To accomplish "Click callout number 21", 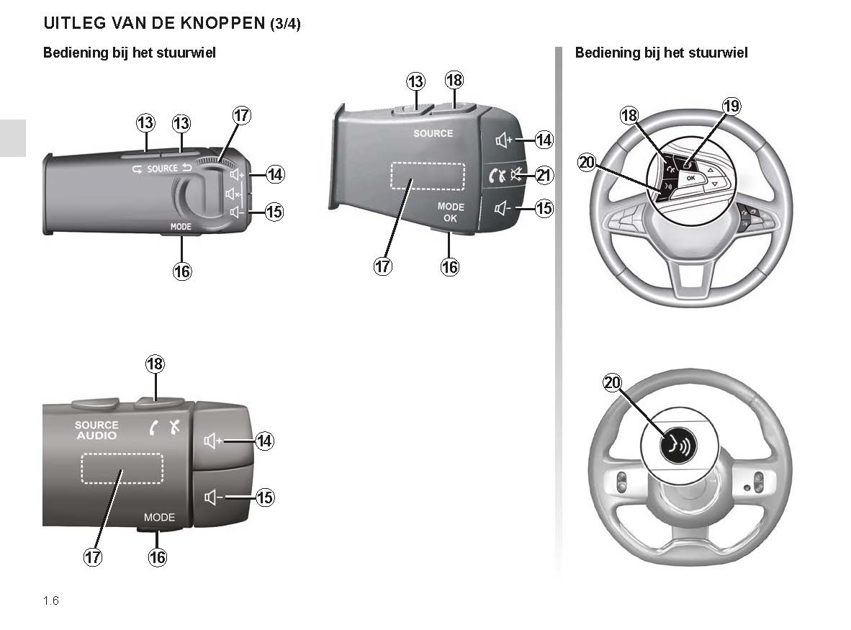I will pos(545,175).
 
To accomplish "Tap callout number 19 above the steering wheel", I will pos(731,107).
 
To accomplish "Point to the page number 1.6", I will pos(50,600).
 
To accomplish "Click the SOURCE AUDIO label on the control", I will pos(96,431).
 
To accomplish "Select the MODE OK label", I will pos(451,212).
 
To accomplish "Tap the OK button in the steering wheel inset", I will pos(690,177).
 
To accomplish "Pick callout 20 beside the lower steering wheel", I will pos(612,384).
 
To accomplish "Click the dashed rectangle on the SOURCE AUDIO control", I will pos(122,468).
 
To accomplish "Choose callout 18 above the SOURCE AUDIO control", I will pos(155,364).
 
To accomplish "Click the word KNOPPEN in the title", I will pos(215,23).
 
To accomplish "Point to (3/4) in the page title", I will pos(285,24).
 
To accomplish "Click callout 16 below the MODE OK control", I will pos(450,267).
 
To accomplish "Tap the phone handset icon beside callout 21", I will pos(497,175).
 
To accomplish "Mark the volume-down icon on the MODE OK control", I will pos(503,209).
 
